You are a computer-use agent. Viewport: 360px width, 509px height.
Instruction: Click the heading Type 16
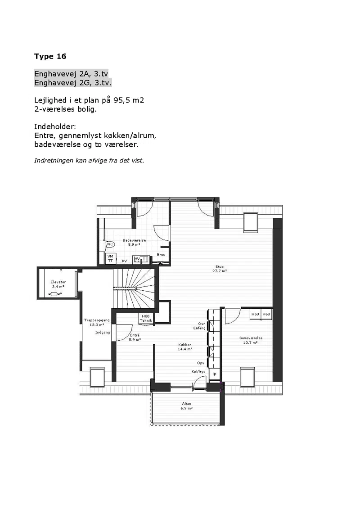[50, 57]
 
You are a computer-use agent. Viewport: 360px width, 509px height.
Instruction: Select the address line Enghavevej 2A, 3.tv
[71, 74]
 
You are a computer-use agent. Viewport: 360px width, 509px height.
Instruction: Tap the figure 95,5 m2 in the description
[129, 100]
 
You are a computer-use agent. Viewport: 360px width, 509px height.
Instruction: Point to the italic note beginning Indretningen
[89, 160]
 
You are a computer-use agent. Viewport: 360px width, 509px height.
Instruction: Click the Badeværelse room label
[134, 242]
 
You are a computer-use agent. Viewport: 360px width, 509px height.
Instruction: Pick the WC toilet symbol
[110, 244]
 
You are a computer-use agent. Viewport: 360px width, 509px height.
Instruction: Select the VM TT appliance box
[111, 258]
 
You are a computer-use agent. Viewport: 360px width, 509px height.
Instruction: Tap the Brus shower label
[161, 255]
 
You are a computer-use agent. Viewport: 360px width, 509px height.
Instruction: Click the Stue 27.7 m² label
[220, 269]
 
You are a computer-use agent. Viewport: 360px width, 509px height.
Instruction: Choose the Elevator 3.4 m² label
[58, 284]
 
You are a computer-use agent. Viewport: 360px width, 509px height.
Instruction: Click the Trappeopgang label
[97, 322]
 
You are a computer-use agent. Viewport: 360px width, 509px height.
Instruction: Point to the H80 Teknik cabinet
[146, 319]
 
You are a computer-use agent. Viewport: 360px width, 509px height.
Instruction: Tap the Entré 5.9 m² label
[135, 337]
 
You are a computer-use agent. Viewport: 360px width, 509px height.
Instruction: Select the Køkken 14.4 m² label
[185, 347]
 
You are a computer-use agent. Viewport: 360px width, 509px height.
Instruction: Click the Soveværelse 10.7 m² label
[251, 340]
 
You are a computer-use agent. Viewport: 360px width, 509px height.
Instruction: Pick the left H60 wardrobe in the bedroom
[255, 314]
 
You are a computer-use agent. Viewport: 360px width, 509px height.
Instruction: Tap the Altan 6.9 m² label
[187, 406]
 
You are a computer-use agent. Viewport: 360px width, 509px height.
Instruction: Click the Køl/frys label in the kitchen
[198, 372]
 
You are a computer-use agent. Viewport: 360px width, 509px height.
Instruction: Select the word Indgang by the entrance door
[103, 333]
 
